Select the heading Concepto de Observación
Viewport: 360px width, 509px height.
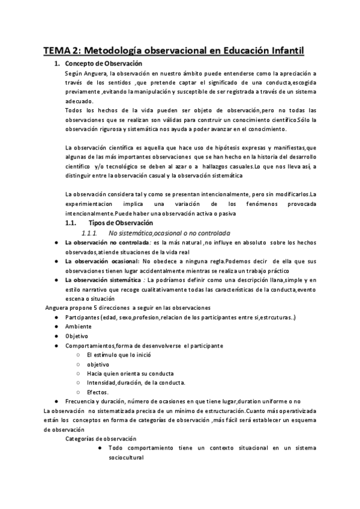103,63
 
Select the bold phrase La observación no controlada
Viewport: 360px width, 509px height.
100,242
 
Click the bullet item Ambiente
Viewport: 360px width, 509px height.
79,326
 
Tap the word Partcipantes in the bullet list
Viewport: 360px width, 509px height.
83,317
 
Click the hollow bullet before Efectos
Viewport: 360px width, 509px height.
79,392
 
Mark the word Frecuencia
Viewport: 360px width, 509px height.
82,401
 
